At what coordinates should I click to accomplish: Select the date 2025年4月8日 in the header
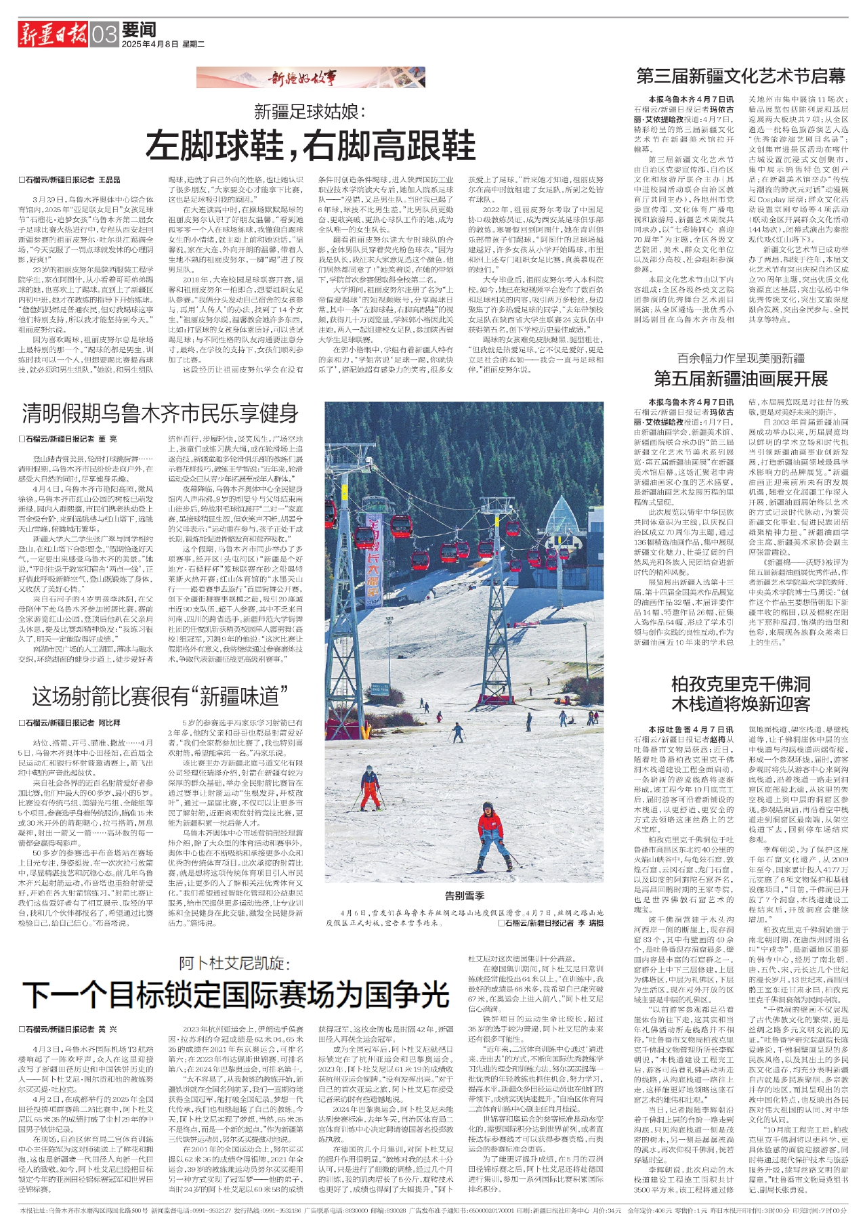point(150,44)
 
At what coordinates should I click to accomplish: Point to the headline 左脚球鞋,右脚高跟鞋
point(311,144)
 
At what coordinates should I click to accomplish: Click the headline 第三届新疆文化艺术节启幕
point(740,75)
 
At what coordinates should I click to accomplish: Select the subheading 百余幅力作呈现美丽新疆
point(741,358)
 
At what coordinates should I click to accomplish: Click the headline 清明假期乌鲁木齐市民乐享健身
point(161,413)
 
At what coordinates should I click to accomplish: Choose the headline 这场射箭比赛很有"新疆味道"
point(160,696)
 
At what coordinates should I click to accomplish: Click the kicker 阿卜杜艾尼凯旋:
point(235,963)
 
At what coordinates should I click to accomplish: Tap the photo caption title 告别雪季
point(464,895)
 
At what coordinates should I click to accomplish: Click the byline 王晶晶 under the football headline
point(109,179)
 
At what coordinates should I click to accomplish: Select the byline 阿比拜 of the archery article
point(109,723)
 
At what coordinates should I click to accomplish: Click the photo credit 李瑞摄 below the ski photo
point(580,922)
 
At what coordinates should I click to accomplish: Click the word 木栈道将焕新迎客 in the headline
point(740,704)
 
